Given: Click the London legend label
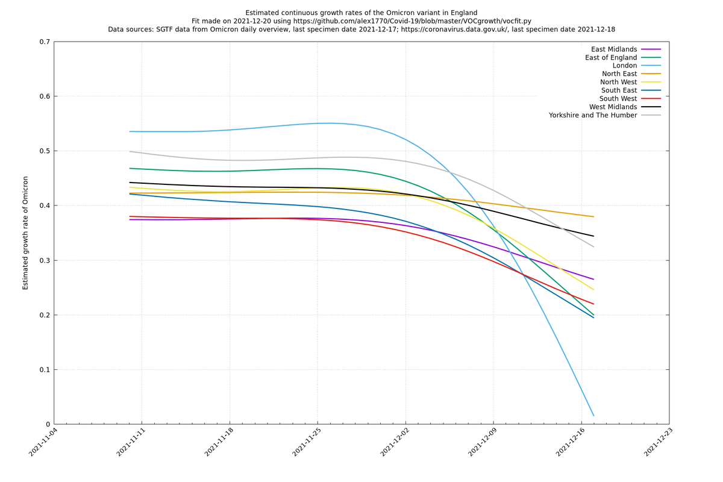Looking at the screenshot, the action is tap(625, 66).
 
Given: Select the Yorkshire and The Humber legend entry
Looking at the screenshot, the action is tap(593, 115).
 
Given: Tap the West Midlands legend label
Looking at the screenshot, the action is tap(613, 107).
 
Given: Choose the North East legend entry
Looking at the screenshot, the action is tap(619, 74).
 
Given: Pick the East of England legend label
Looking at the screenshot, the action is tap(611, 57).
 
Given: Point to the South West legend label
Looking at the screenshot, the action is tap(618, 99).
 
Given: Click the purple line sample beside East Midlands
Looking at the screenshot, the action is tap(651, 49).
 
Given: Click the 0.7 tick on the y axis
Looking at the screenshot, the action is tap(45, 42).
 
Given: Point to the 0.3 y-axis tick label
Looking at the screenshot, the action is tap(45, 260).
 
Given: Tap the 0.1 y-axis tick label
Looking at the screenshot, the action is tap(45, 370).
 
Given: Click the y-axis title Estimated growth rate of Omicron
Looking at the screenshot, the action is tap(25, 233).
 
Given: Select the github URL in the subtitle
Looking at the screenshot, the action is tap(412, 21).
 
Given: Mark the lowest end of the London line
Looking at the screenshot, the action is tap(593, 416).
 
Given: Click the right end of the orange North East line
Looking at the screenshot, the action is tap(593, 217).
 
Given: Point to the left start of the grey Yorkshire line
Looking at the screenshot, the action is tap(130, 151).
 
